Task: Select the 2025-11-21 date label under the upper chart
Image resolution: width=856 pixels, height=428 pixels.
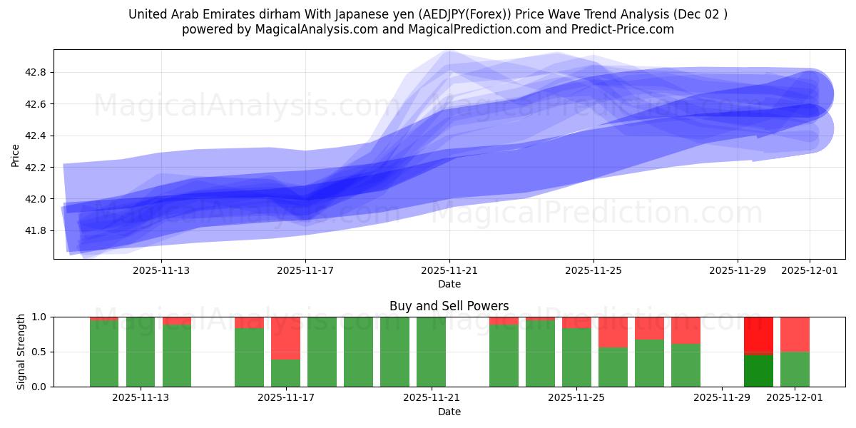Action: pos(449,270)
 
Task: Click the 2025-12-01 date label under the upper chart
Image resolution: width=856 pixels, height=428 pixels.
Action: pos(809,270)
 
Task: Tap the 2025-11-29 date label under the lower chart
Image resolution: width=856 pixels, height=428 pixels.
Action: pos(722,397)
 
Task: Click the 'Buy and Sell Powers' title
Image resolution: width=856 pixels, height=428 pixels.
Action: pos(449,306)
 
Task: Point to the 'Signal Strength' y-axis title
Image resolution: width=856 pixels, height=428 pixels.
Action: pos(21,351)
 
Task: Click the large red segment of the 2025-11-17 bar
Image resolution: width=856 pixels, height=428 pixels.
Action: pos(285,338)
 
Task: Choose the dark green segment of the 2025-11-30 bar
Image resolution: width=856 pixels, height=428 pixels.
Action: pos(758,370)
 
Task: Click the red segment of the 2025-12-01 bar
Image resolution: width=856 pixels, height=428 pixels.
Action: pos(795,334)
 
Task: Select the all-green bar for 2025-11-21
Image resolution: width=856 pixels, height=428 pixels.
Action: pos(431,352)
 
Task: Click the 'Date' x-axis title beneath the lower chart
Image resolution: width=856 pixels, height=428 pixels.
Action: pos(449,412)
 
